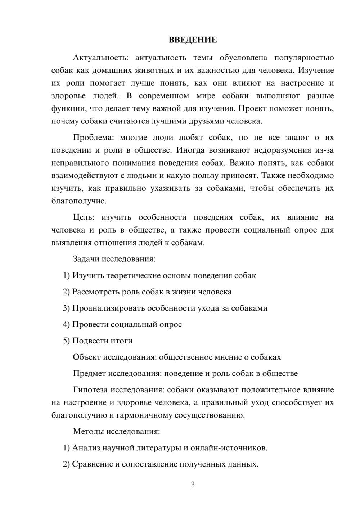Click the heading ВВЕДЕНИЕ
pyautogui.click(x=193, y=40)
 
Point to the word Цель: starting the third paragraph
pyautogui.click(x=84, y=217)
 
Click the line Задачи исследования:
pyautogui.click(x=114, y=259)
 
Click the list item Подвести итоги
pyautogui.click(x=102, y=341)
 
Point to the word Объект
pyautogui.click(x=87, y=357)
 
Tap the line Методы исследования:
pyautogui.click(x=116, y=431)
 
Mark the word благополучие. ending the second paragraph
pyautogui.click(x=79, y=201)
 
